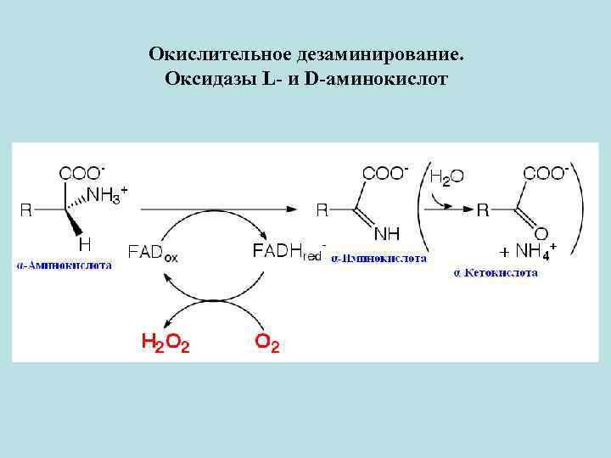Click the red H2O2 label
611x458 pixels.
165,343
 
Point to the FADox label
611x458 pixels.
154,252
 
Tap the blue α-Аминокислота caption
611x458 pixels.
64,265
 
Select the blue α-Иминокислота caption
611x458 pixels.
378,258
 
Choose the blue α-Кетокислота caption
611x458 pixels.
496,273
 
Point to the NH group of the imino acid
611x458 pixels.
387,232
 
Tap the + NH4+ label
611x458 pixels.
527,252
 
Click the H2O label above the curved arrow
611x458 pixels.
447,177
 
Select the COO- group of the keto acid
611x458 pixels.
546,173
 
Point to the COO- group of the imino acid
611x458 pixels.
385,173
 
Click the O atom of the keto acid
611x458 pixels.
541,232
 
